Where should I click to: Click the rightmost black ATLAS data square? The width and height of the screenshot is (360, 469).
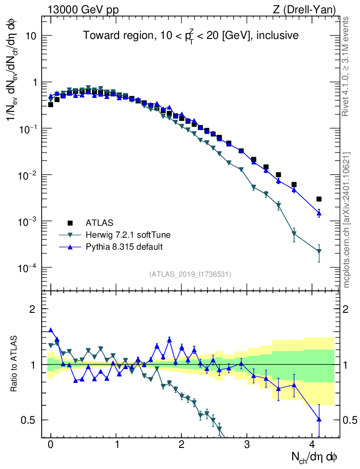(319, 199)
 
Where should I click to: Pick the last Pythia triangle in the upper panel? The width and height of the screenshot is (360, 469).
(319, 213)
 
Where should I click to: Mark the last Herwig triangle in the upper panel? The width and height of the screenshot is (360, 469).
(319, 251)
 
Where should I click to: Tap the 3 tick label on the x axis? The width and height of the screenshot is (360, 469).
(247, 444)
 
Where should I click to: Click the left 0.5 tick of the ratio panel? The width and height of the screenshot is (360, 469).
(33, 420)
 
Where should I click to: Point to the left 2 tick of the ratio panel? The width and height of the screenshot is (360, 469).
(37, 309)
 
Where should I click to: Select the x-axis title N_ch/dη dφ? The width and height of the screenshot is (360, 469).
(315, 457)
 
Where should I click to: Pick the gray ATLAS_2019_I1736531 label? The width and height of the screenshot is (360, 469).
(190, 274)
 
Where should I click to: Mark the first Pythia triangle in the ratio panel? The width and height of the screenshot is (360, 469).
(51, 330)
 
